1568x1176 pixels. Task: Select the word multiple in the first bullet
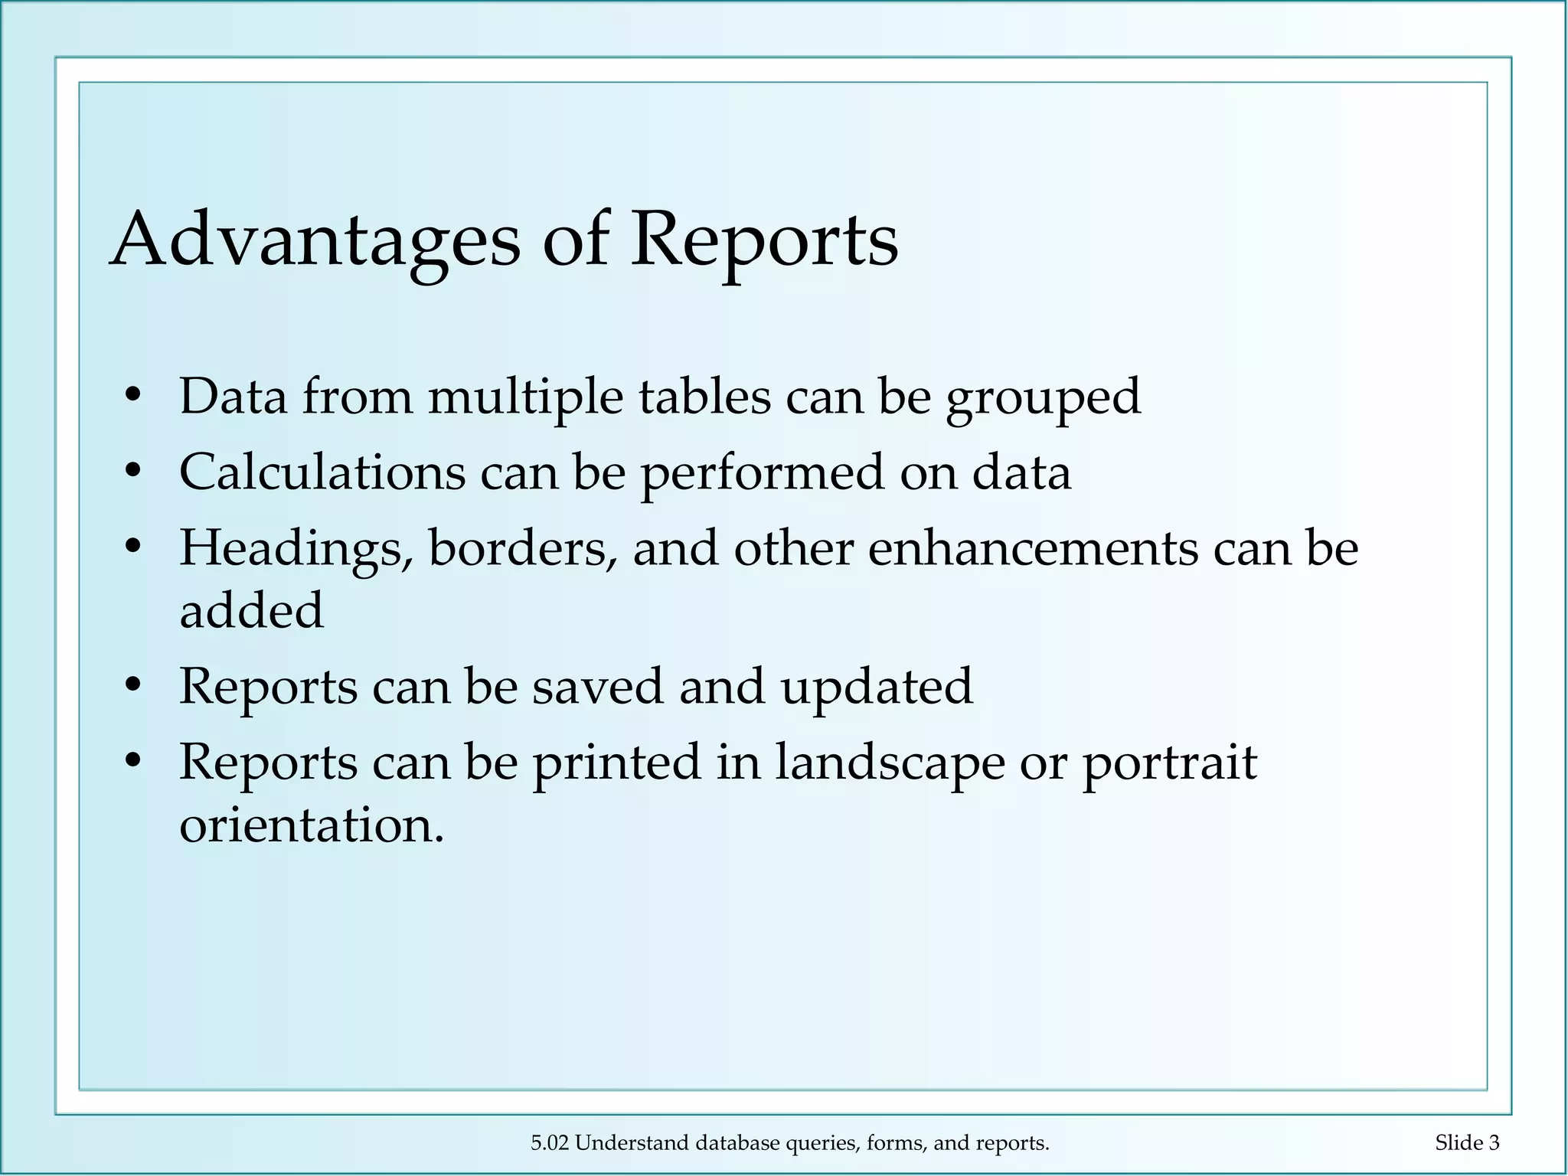coord(525,397)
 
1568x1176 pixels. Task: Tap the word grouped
coord(1043,397)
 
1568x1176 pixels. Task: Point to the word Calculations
coord(322,472)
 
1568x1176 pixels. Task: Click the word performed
coord(762,472)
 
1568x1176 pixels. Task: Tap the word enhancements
coord(1033,549)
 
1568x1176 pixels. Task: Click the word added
coord(251,610)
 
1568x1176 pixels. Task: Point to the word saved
coord(597,686)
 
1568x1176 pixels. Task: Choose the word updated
coord(876,686)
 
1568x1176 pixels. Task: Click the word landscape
coord(890,763)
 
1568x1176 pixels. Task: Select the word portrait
coord(1169,763)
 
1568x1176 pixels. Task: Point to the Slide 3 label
coord(1467,1143)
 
